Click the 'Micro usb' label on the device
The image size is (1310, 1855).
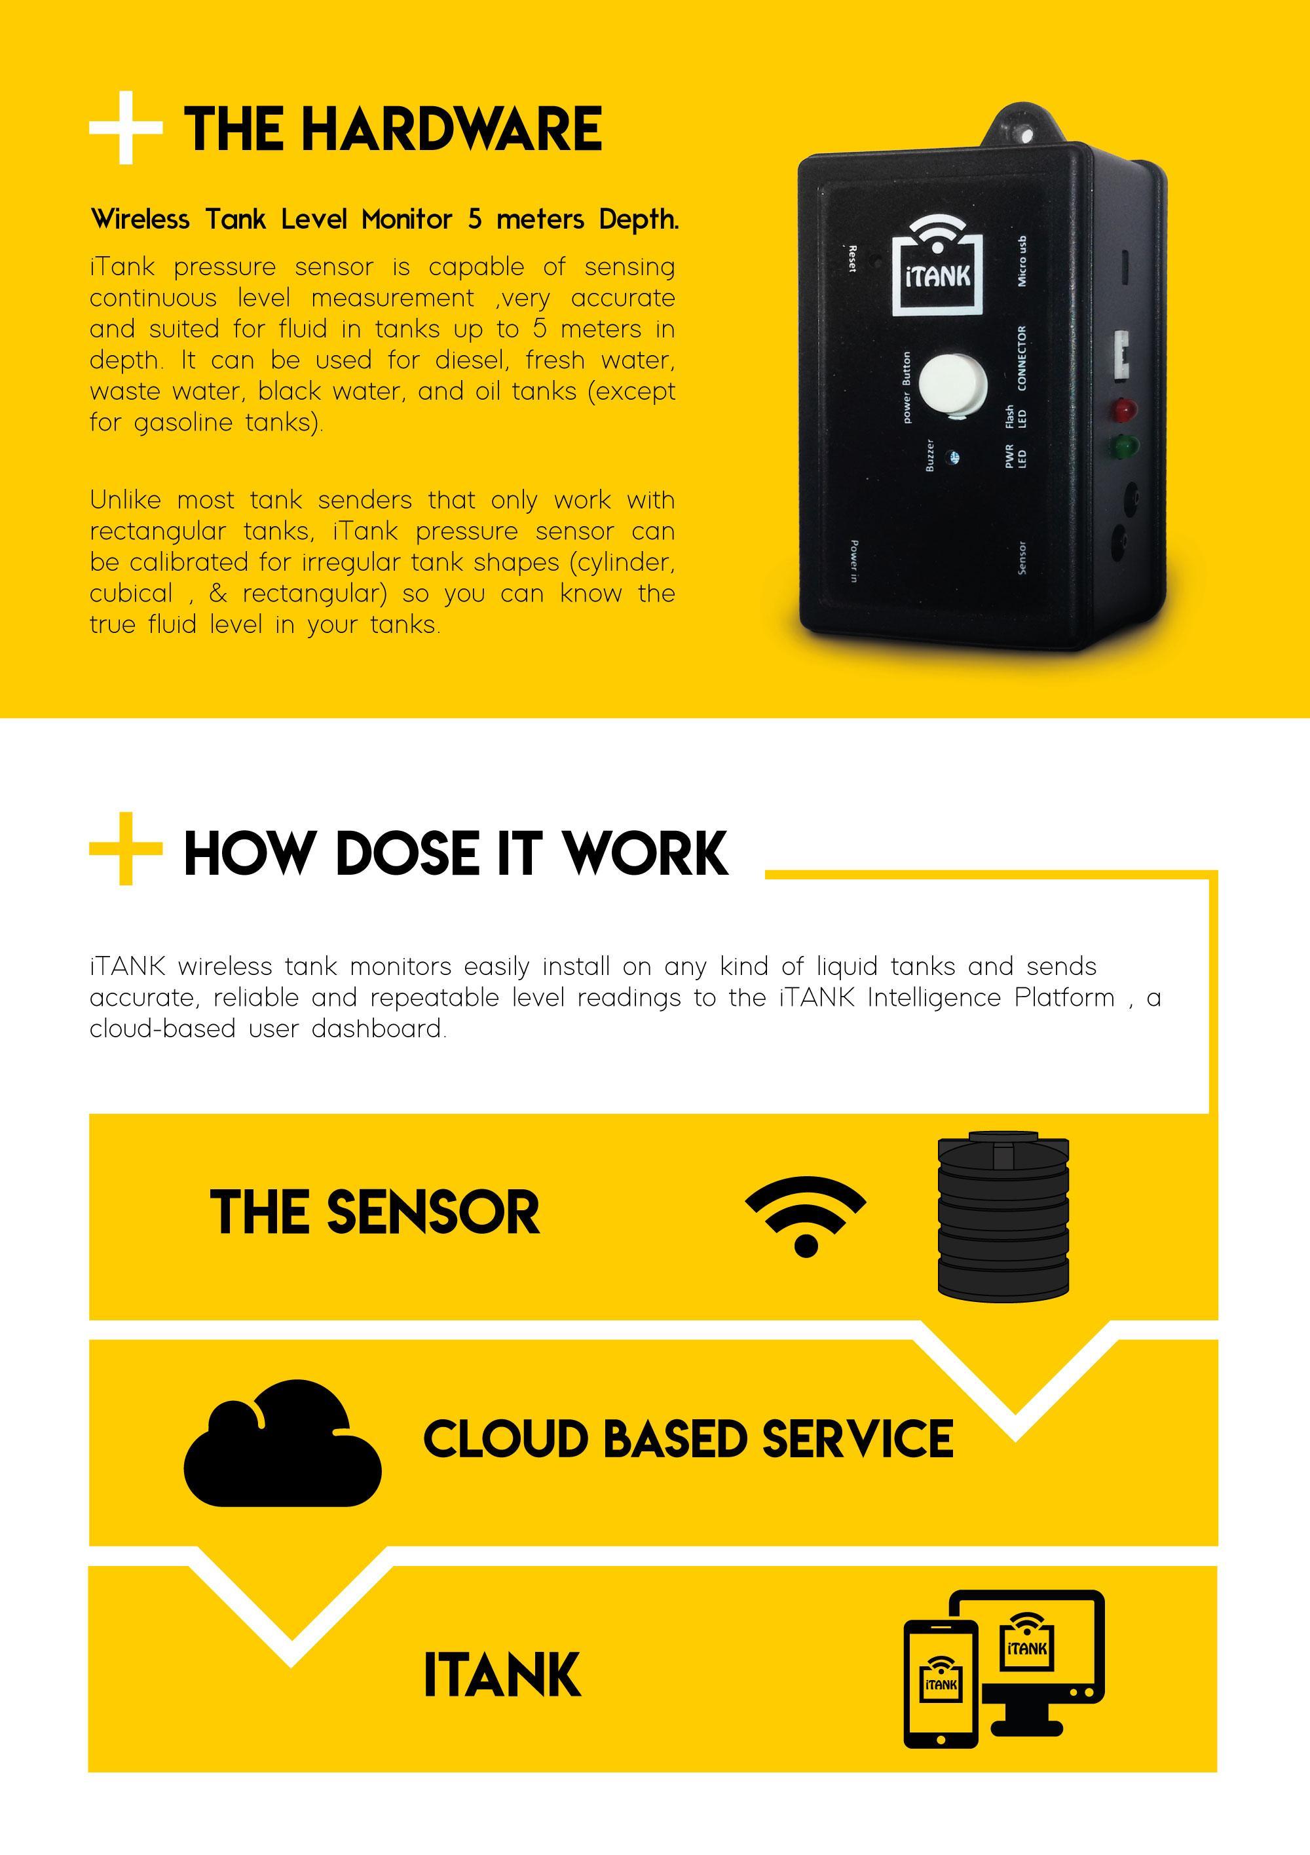click(1022, 261)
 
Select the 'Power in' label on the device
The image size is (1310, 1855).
click(853, 561)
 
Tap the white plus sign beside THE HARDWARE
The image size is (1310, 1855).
click(125, 128)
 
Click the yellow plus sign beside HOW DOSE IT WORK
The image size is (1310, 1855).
click(125, 849)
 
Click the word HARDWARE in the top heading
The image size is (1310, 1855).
click(453, 129)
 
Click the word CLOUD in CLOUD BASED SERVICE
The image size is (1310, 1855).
click(505, 1439)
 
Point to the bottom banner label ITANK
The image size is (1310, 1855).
click(502, 1675)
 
